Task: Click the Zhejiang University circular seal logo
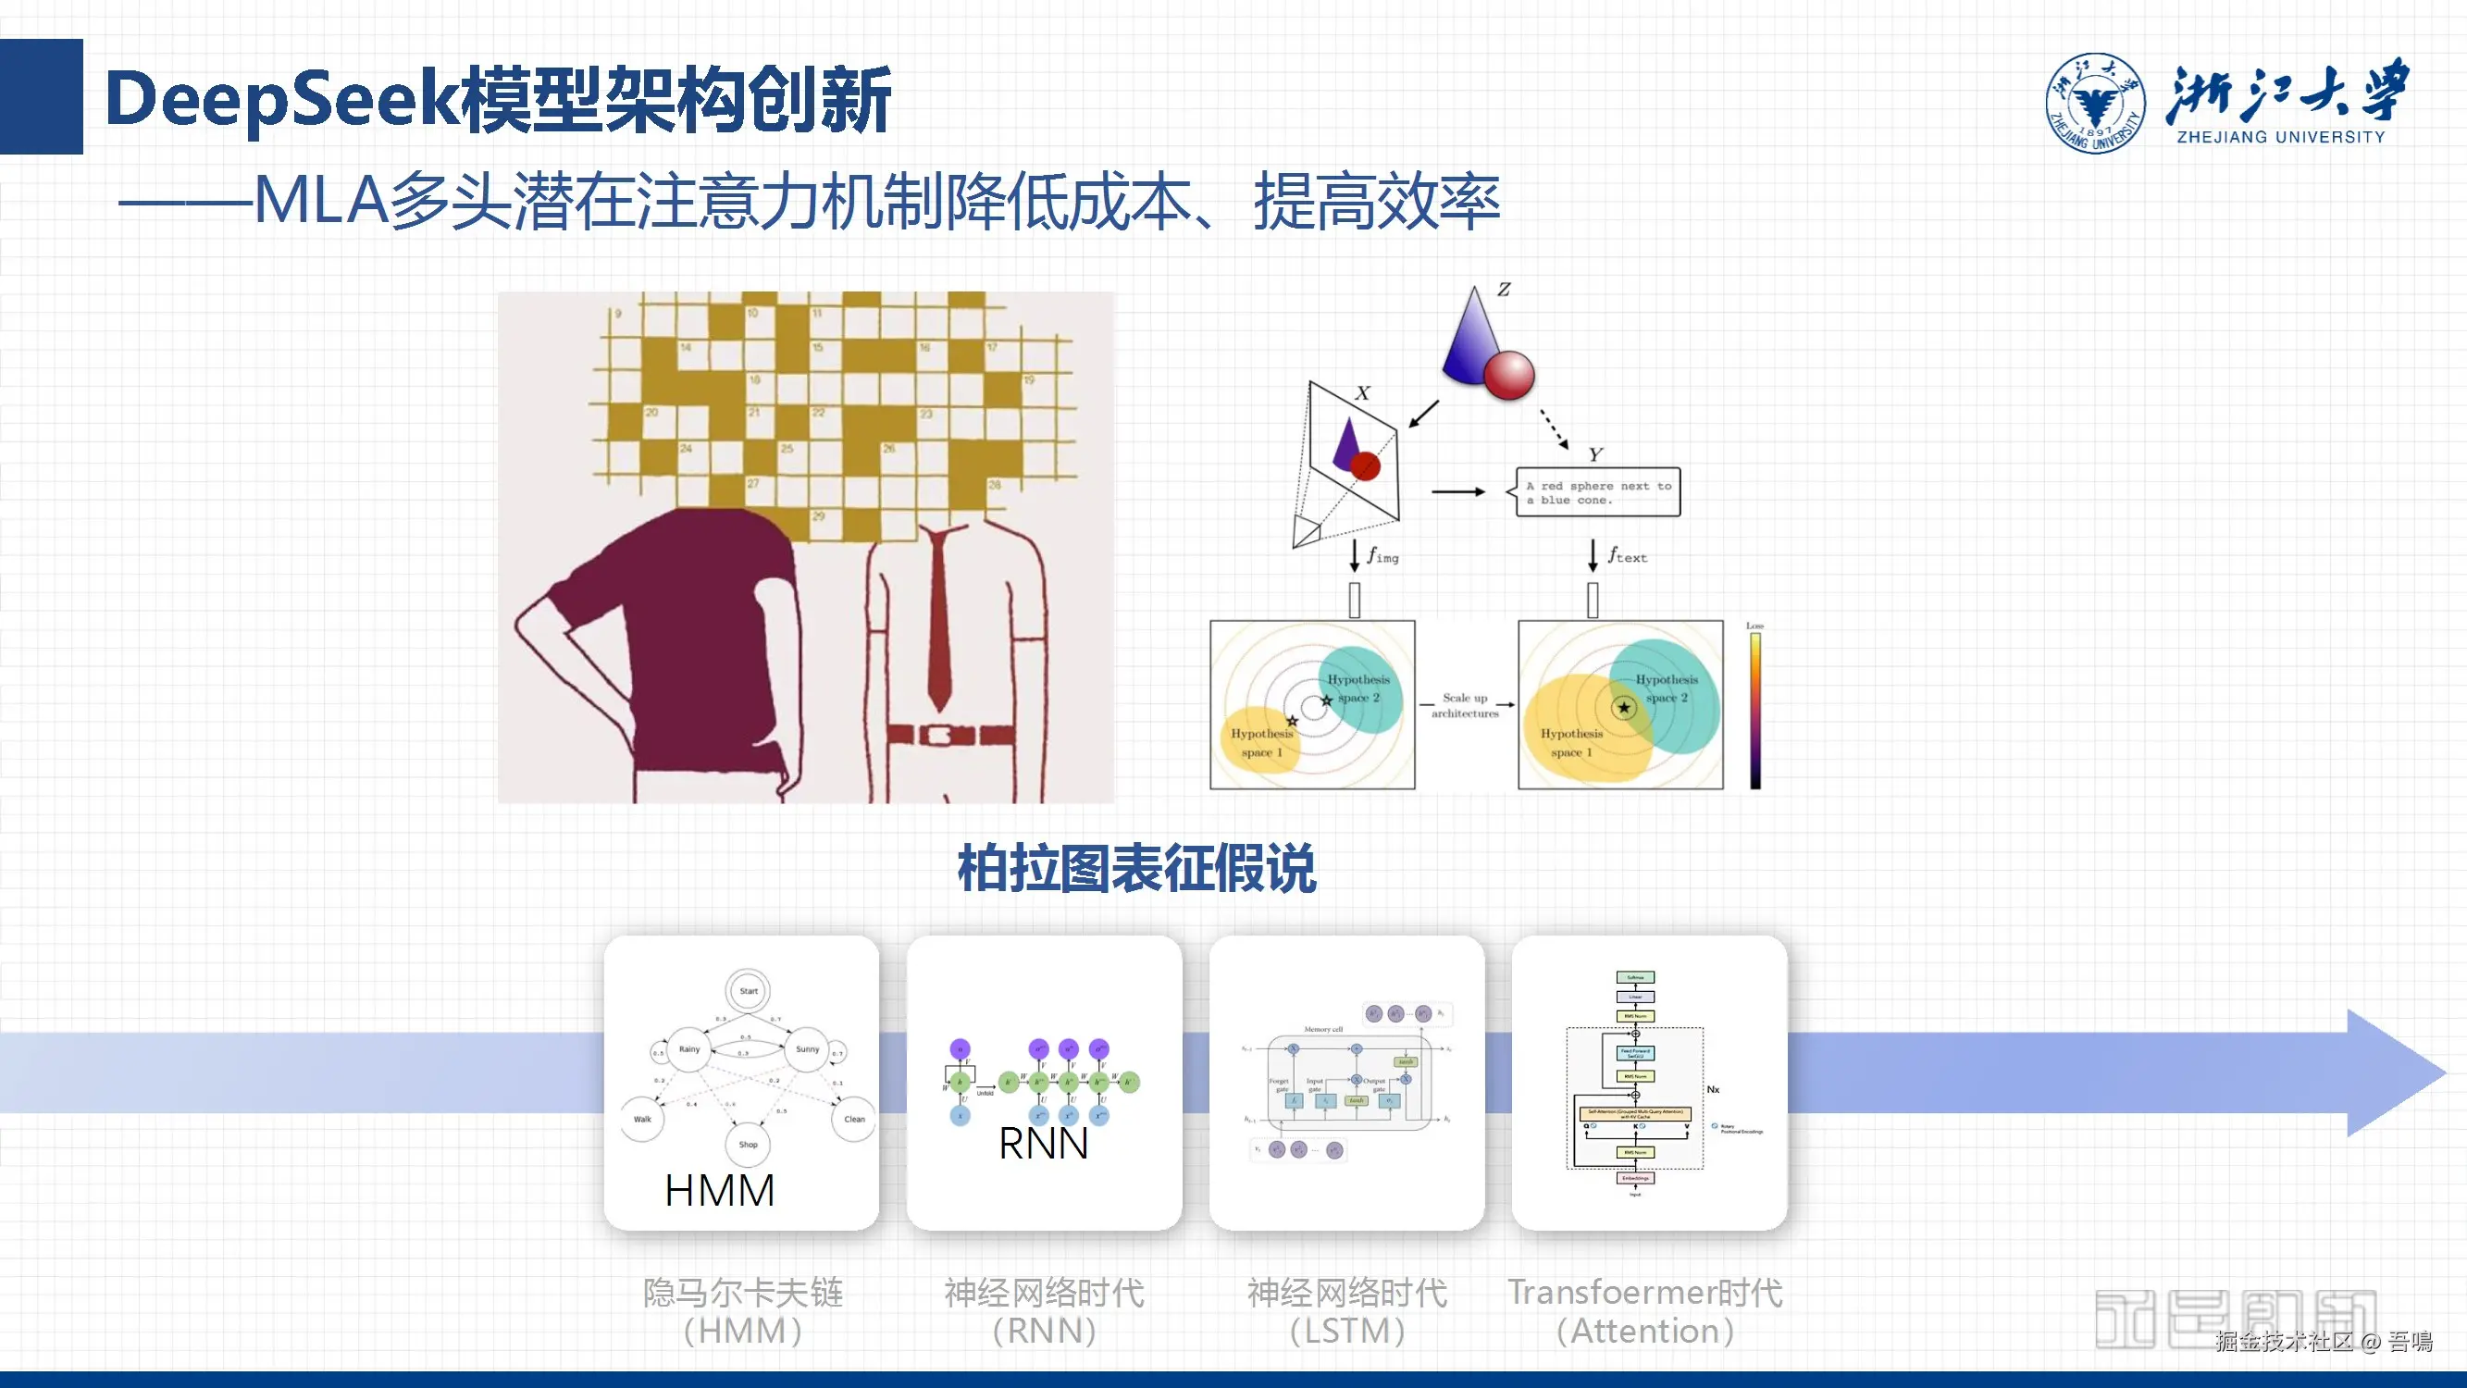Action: coord(2095,104)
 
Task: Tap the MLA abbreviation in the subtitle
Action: coord(321,201)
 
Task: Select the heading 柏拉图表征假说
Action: coord(1136,869)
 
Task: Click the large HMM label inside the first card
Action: coord(719,1191)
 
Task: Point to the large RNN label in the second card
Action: coord(1043,1144)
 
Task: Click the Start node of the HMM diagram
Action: coord(748,990)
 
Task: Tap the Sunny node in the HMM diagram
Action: coord(807,1049)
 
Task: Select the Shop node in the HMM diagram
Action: coord(748,1144)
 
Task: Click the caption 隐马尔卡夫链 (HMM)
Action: coord(742,1310)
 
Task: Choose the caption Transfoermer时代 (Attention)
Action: coord(1645,1310)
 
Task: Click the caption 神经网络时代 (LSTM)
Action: coord(1346,1310)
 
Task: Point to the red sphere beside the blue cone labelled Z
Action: coord(1508,375)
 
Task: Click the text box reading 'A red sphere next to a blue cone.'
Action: coord(1597,492)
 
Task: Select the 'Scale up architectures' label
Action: coord(1464,705)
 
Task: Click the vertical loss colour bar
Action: coord(1754,710)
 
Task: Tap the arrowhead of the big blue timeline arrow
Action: coord(2394,1072)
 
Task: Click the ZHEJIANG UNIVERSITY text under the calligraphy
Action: coord(2280,137)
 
